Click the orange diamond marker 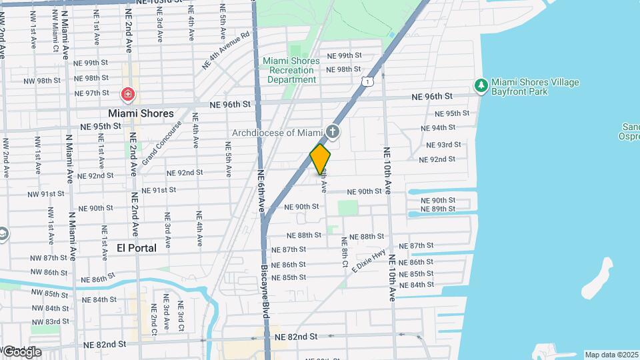[x=320, y=159]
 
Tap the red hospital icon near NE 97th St [x=127, y=95]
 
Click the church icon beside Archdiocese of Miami [x=333, y=133]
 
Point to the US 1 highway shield [x=367, y=81]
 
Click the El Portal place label [x=136, y=248]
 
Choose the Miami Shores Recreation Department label [x=291, y=70]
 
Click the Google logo [x=22, y=351]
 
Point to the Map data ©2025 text [x=611, y=355]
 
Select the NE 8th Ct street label [x=345, y=253]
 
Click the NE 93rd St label [x=440, y=144]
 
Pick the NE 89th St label [x=438, y=209]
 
